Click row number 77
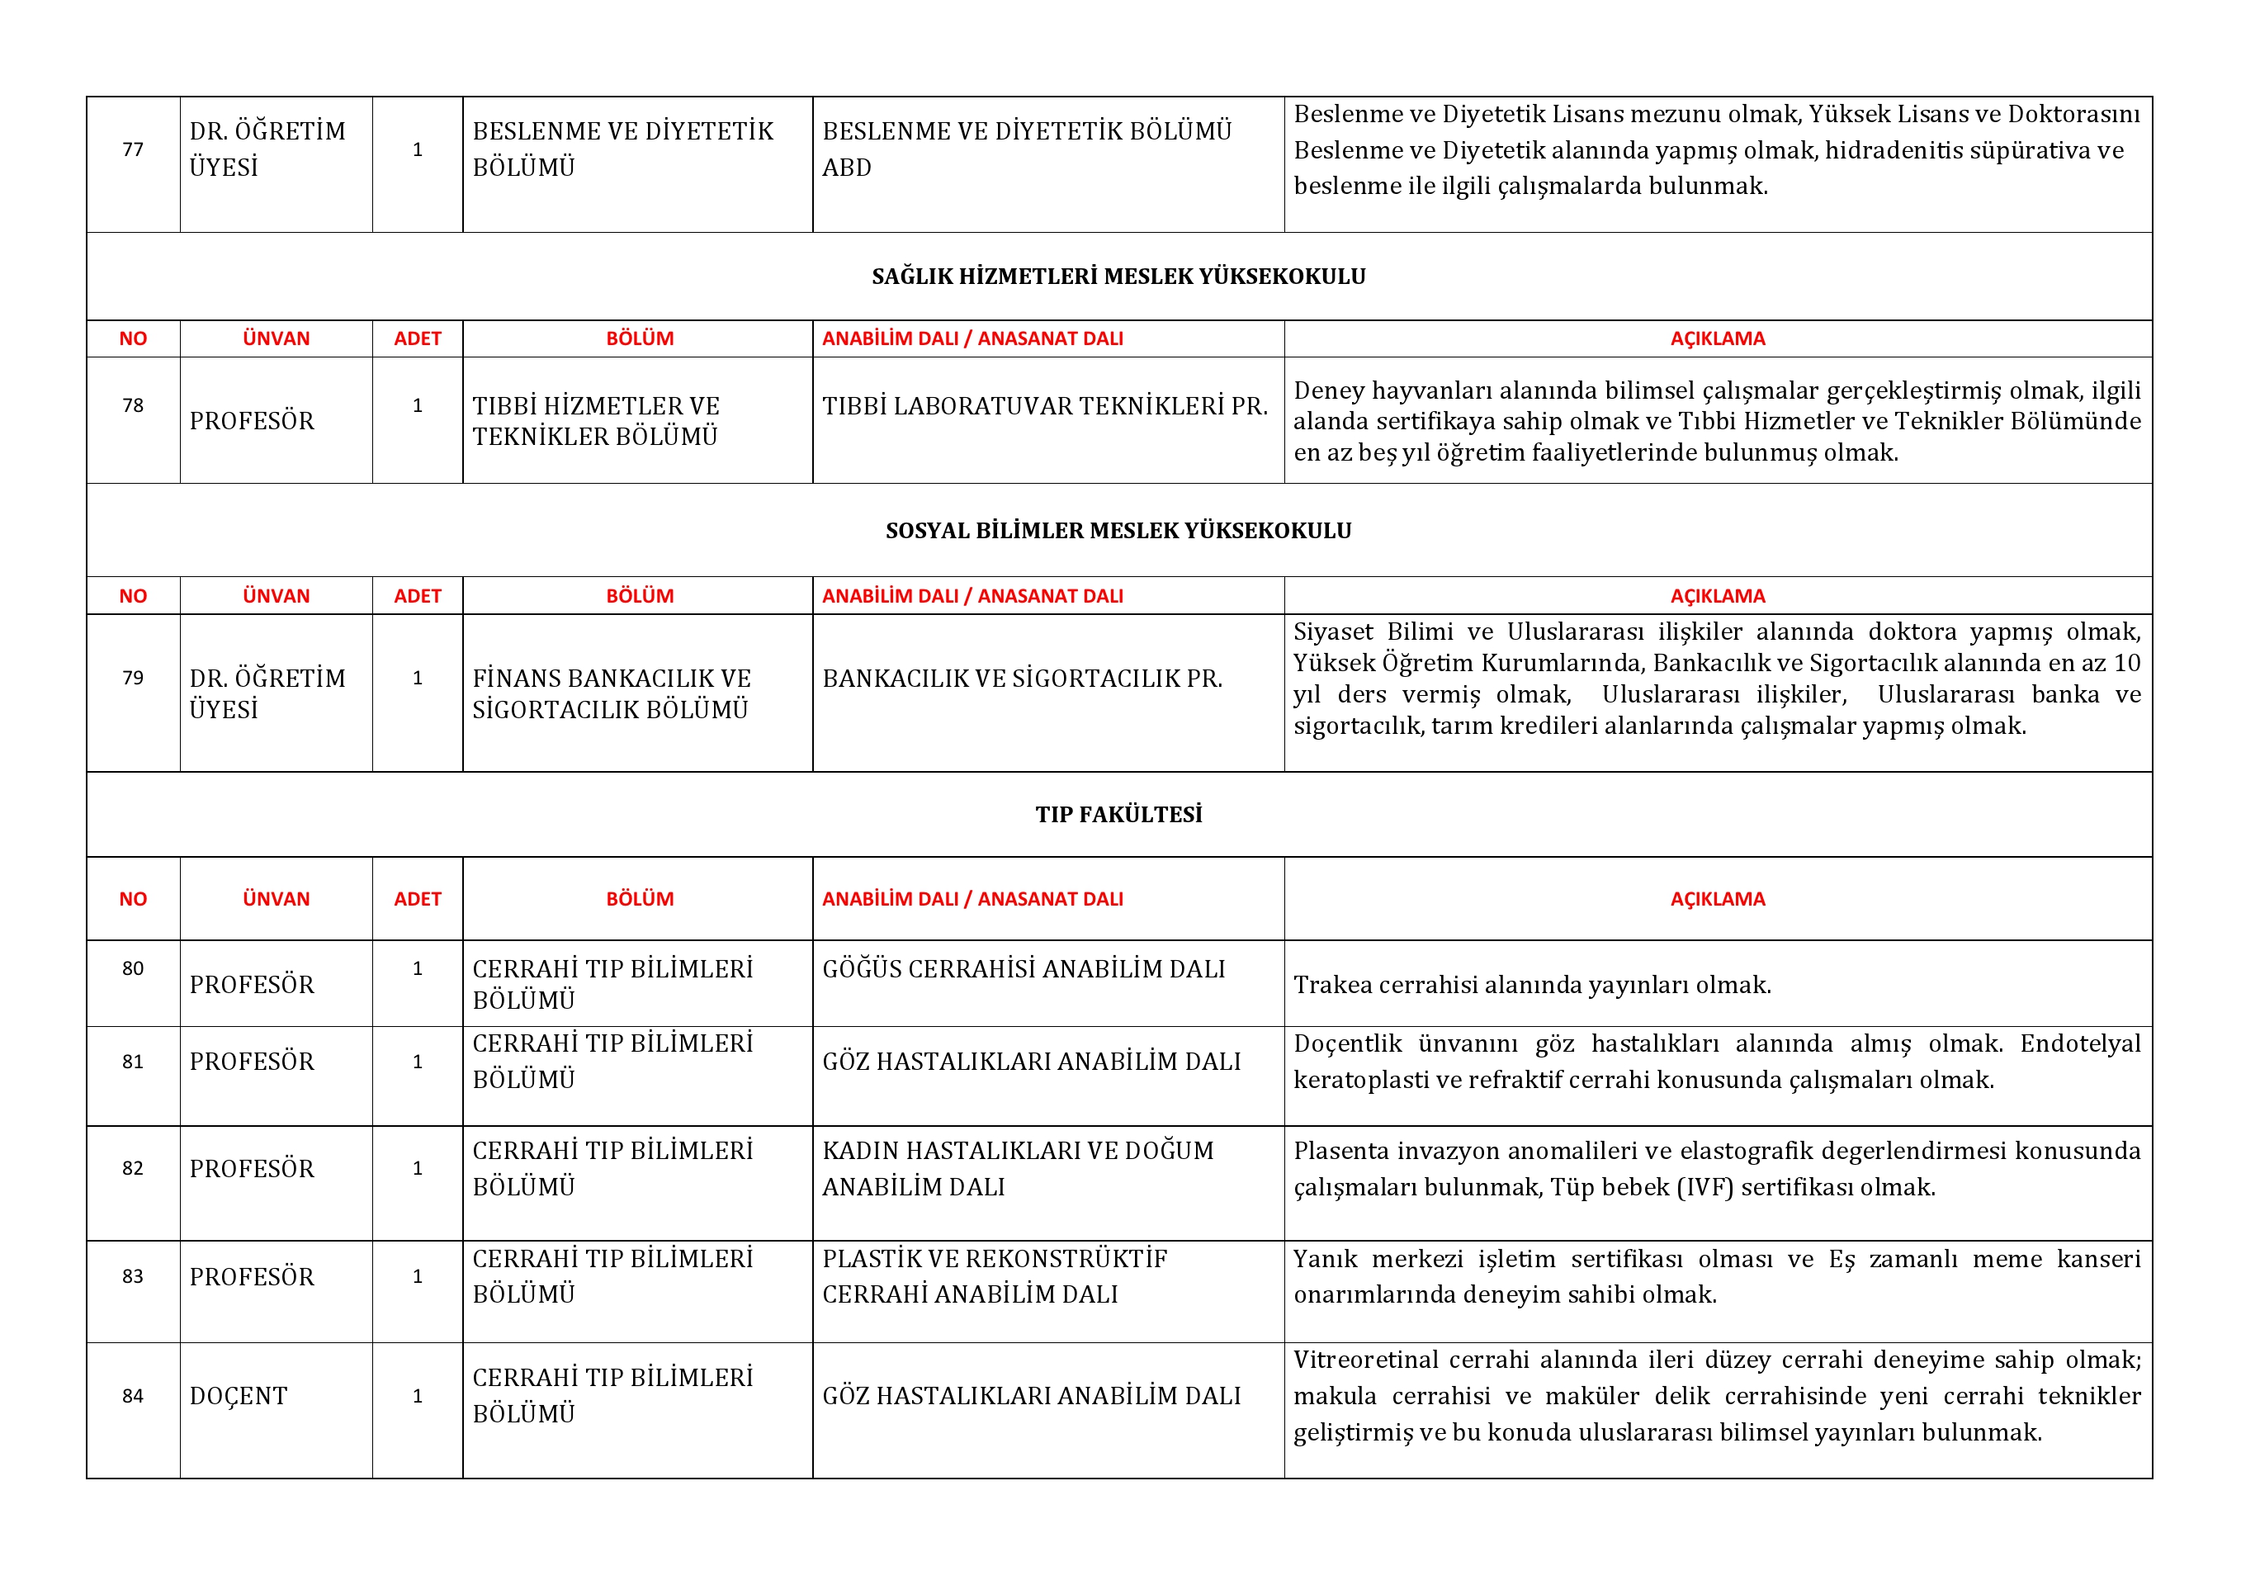click(133, 149)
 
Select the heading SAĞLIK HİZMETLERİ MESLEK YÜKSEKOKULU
click(1118, 277)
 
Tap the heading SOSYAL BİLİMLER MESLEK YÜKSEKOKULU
click(1118, 531)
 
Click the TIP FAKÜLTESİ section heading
click(1118, 815)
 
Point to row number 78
click(133, 405)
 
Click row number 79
click(133, 677)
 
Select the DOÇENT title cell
click(239, 1396)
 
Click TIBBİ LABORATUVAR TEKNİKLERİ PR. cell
click(1044, 406)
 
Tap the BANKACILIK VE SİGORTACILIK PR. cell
click(1022, 679)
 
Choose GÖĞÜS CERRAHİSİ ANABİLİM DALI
click(1023, 969)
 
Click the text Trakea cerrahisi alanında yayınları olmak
click(1531, 985)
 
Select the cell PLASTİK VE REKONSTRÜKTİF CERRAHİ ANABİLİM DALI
click(994, 1275)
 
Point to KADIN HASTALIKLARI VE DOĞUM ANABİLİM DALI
click(1017, 1168)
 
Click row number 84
click(133, 1396)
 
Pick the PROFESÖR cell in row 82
click(252, 1168)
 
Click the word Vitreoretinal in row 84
click(1364, 1360)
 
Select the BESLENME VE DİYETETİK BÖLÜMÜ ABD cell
click(1026, 149)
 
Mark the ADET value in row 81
click(418, 1061)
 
